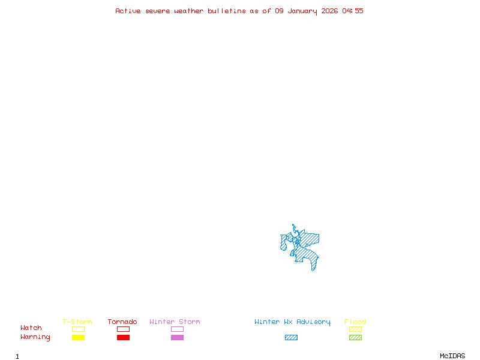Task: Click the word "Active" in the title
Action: coord(128,11)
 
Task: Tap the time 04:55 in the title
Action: coord(353,11)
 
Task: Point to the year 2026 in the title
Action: coord(330,11)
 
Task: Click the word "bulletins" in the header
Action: coord(227,11)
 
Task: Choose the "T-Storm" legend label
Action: coord(77,322)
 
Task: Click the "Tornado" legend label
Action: coord(122,322)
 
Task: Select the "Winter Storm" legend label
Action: coord(175,322)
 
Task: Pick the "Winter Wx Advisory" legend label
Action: coord(292,322)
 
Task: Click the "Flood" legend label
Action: coord(355,322)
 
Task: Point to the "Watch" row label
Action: coord(31,328)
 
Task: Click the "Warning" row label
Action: coord(35,337)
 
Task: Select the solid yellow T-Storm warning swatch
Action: coord(78,338)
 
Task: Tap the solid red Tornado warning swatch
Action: coord(123,338)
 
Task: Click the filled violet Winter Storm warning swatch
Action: coord(177,338)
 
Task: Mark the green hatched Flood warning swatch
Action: coord(355,338)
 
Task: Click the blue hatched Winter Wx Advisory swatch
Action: coord(291,338)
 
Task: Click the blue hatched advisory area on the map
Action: coord(309,240)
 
